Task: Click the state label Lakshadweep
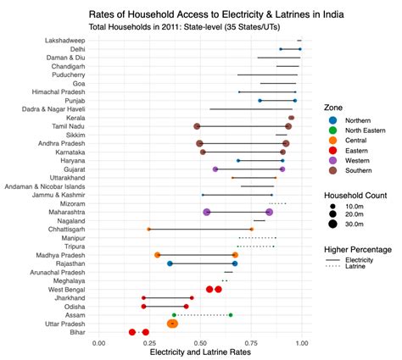[64, 41]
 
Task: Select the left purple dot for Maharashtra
[207, 213]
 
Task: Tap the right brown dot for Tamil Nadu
[288, 126]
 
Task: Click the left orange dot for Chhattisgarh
[148, 230]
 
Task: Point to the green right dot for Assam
[231, 315]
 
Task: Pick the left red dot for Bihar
[132, 332]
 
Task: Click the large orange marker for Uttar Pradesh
[172, 324]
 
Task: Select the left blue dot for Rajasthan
[170, 263]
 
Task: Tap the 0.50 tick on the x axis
[200, 343]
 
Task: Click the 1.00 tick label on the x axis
[302, 343]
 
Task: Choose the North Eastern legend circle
[333, 130]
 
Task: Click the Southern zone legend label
[359, 170]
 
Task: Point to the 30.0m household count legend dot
[333, 224]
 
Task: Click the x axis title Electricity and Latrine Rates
[200, 352]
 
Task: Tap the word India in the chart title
[333, 14]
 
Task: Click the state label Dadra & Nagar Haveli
[53, 109]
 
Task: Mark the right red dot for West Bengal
[218, 290]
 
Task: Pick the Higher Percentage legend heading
[358, 250]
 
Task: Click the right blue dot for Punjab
[295, 101]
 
